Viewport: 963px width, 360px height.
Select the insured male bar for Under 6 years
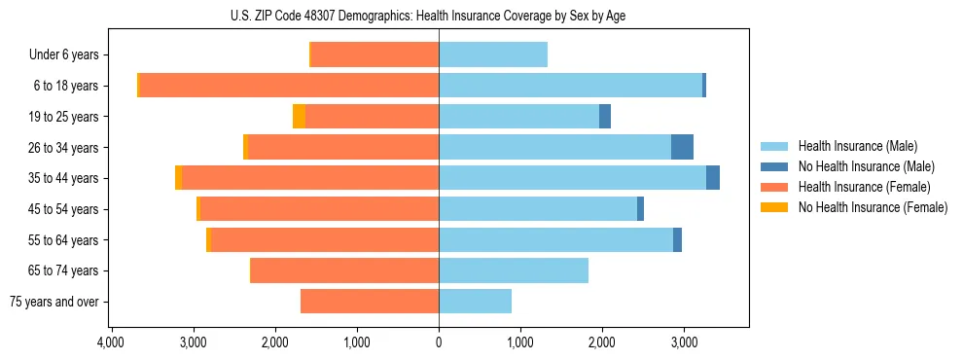point(493,54)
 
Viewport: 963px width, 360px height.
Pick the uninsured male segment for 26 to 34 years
point(682,147)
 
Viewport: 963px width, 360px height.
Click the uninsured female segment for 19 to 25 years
point(299,117)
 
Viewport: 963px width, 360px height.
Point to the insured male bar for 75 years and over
point(475,302)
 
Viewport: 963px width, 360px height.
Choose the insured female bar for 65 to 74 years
point(344,270)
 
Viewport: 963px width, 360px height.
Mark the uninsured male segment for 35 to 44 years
point(713,178)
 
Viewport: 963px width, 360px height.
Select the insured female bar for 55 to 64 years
point(325,239)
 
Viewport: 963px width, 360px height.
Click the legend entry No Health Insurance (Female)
point(873,207)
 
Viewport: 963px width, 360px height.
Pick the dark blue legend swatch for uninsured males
point(774,166)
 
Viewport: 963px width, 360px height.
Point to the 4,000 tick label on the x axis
point(111,342)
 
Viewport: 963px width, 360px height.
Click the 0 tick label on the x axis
point(439,342)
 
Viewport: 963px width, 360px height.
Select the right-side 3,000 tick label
point(684,342)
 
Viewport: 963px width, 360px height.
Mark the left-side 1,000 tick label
point(357,342)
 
